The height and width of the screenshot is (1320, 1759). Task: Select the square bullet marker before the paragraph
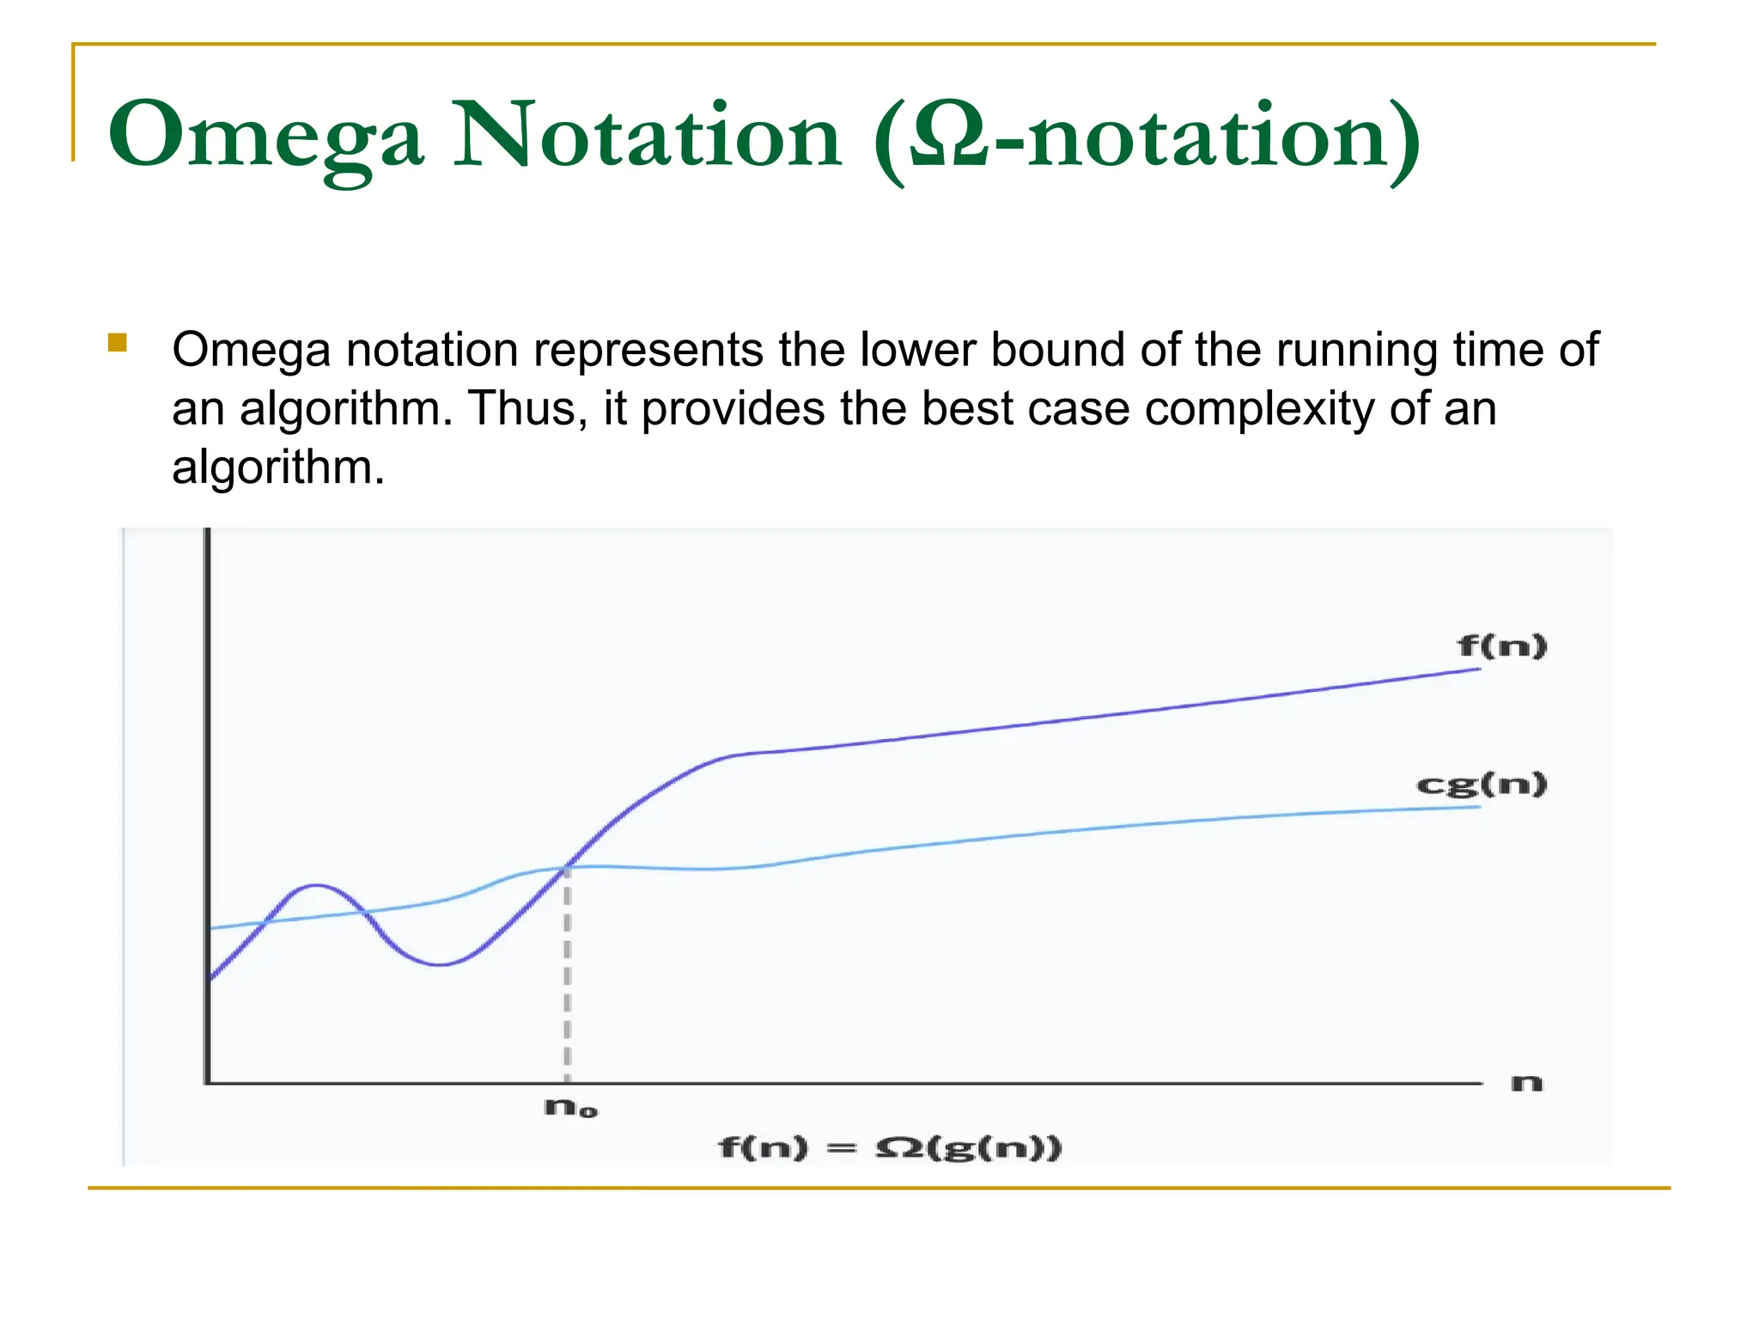pos(118,344)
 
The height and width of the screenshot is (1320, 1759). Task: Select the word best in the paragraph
pos(967,409)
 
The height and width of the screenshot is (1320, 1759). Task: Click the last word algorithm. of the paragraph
pos(278,468)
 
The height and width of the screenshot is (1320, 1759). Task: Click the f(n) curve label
pos(1501,645)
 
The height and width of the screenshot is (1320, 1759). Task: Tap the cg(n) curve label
pos(1481,784)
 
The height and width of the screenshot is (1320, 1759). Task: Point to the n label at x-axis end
pos(1526,1083)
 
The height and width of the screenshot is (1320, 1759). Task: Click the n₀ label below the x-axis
pos(570,1108)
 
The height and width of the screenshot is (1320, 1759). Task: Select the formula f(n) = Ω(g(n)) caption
pos(890,1147)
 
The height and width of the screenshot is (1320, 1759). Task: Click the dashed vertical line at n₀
pos(567,980)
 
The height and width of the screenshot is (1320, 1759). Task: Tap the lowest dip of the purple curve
pos(439,964)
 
